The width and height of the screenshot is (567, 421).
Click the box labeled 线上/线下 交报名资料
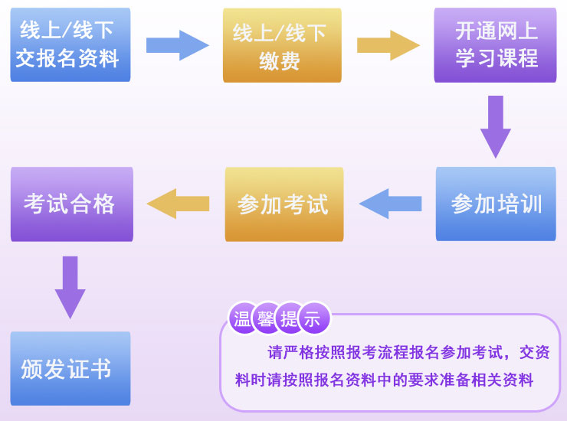point(70,44)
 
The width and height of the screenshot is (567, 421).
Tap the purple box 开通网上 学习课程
point(494,44)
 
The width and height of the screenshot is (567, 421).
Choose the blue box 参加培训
point(495,204)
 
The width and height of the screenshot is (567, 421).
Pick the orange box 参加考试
point(283,204)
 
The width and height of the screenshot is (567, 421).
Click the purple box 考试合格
point(71,204)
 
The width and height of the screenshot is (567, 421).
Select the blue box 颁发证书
point(70,368)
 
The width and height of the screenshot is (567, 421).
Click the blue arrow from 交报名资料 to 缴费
point(177,45)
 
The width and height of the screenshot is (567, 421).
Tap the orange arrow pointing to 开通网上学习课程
point(388,45)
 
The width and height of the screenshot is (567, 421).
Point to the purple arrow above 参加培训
point(495,125)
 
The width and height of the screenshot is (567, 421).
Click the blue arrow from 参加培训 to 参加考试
point(390,204)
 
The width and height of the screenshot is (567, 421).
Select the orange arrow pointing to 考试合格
point(178,204)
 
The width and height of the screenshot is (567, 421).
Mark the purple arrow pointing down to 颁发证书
point(70,286)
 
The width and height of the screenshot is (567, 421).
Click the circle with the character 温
point(243,319)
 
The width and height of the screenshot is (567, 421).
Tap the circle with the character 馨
point(266,319)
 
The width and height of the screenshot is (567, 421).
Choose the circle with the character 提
point(289,319)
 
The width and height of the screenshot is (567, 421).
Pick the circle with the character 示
point(313,319)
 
